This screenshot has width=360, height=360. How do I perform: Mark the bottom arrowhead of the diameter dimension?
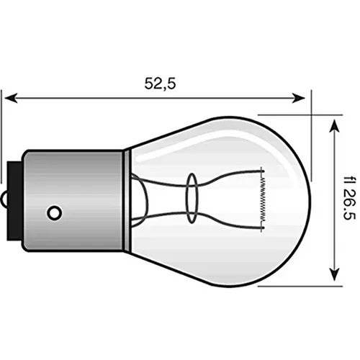coord(333,276)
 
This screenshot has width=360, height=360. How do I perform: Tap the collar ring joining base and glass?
coord(125,198)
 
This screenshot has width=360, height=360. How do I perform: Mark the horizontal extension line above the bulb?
coord(284,114)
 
